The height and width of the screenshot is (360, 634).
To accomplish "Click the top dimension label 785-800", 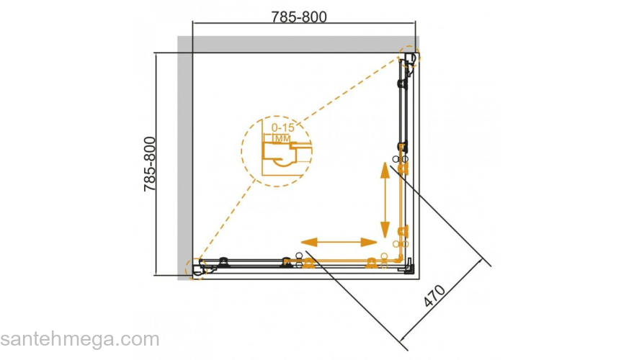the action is pyautogui.click(x=299, y=17).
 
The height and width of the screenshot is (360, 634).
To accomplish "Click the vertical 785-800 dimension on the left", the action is pyautogui.click(x=150, y=164).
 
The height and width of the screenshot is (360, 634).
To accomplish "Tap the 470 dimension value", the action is pyautogui.click(x=434, y=296).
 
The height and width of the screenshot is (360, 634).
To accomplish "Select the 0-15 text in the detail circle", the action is pyautogui.click(x=283, y=127).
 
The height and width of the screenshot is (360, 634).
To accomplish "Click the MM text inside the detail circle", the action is pyautogui.click(x=282, y=138).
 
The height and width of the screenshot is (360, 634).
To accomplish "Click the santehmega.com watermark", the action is pyautogui.click(x=80, y=339).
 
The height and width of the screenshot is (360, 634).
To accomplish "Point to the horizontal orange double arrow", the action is pyautogui.click(x=339, y=242).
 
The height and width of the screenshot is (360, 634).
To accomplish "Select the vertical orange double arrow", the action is pyautogui.click(x=385, y=200).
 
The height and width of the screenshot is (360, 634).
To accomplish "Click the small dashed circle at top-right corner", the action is pyautogui.click(x=410, y=57).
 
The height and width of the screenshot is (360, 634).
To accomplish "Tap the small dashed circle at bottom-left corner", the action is pyautogui.click(x=196, y=269).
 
